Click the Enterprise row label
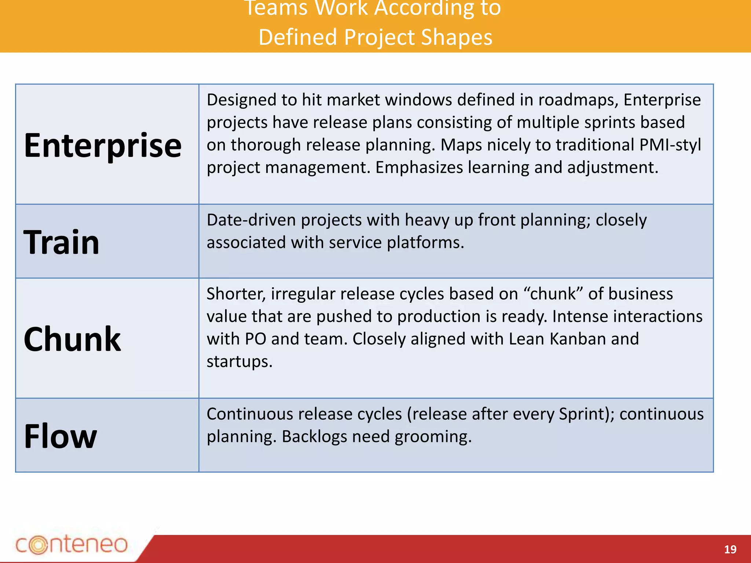point(103,146)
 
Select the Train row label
point(62,242)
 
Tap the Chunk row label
point(72,339)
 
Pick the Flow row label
point(61,436)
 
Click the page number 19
point(730,549)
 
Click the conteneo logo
point(72,544)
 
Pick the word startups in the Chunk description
point(239,361)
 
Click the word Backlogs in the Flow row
point(314,437)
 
